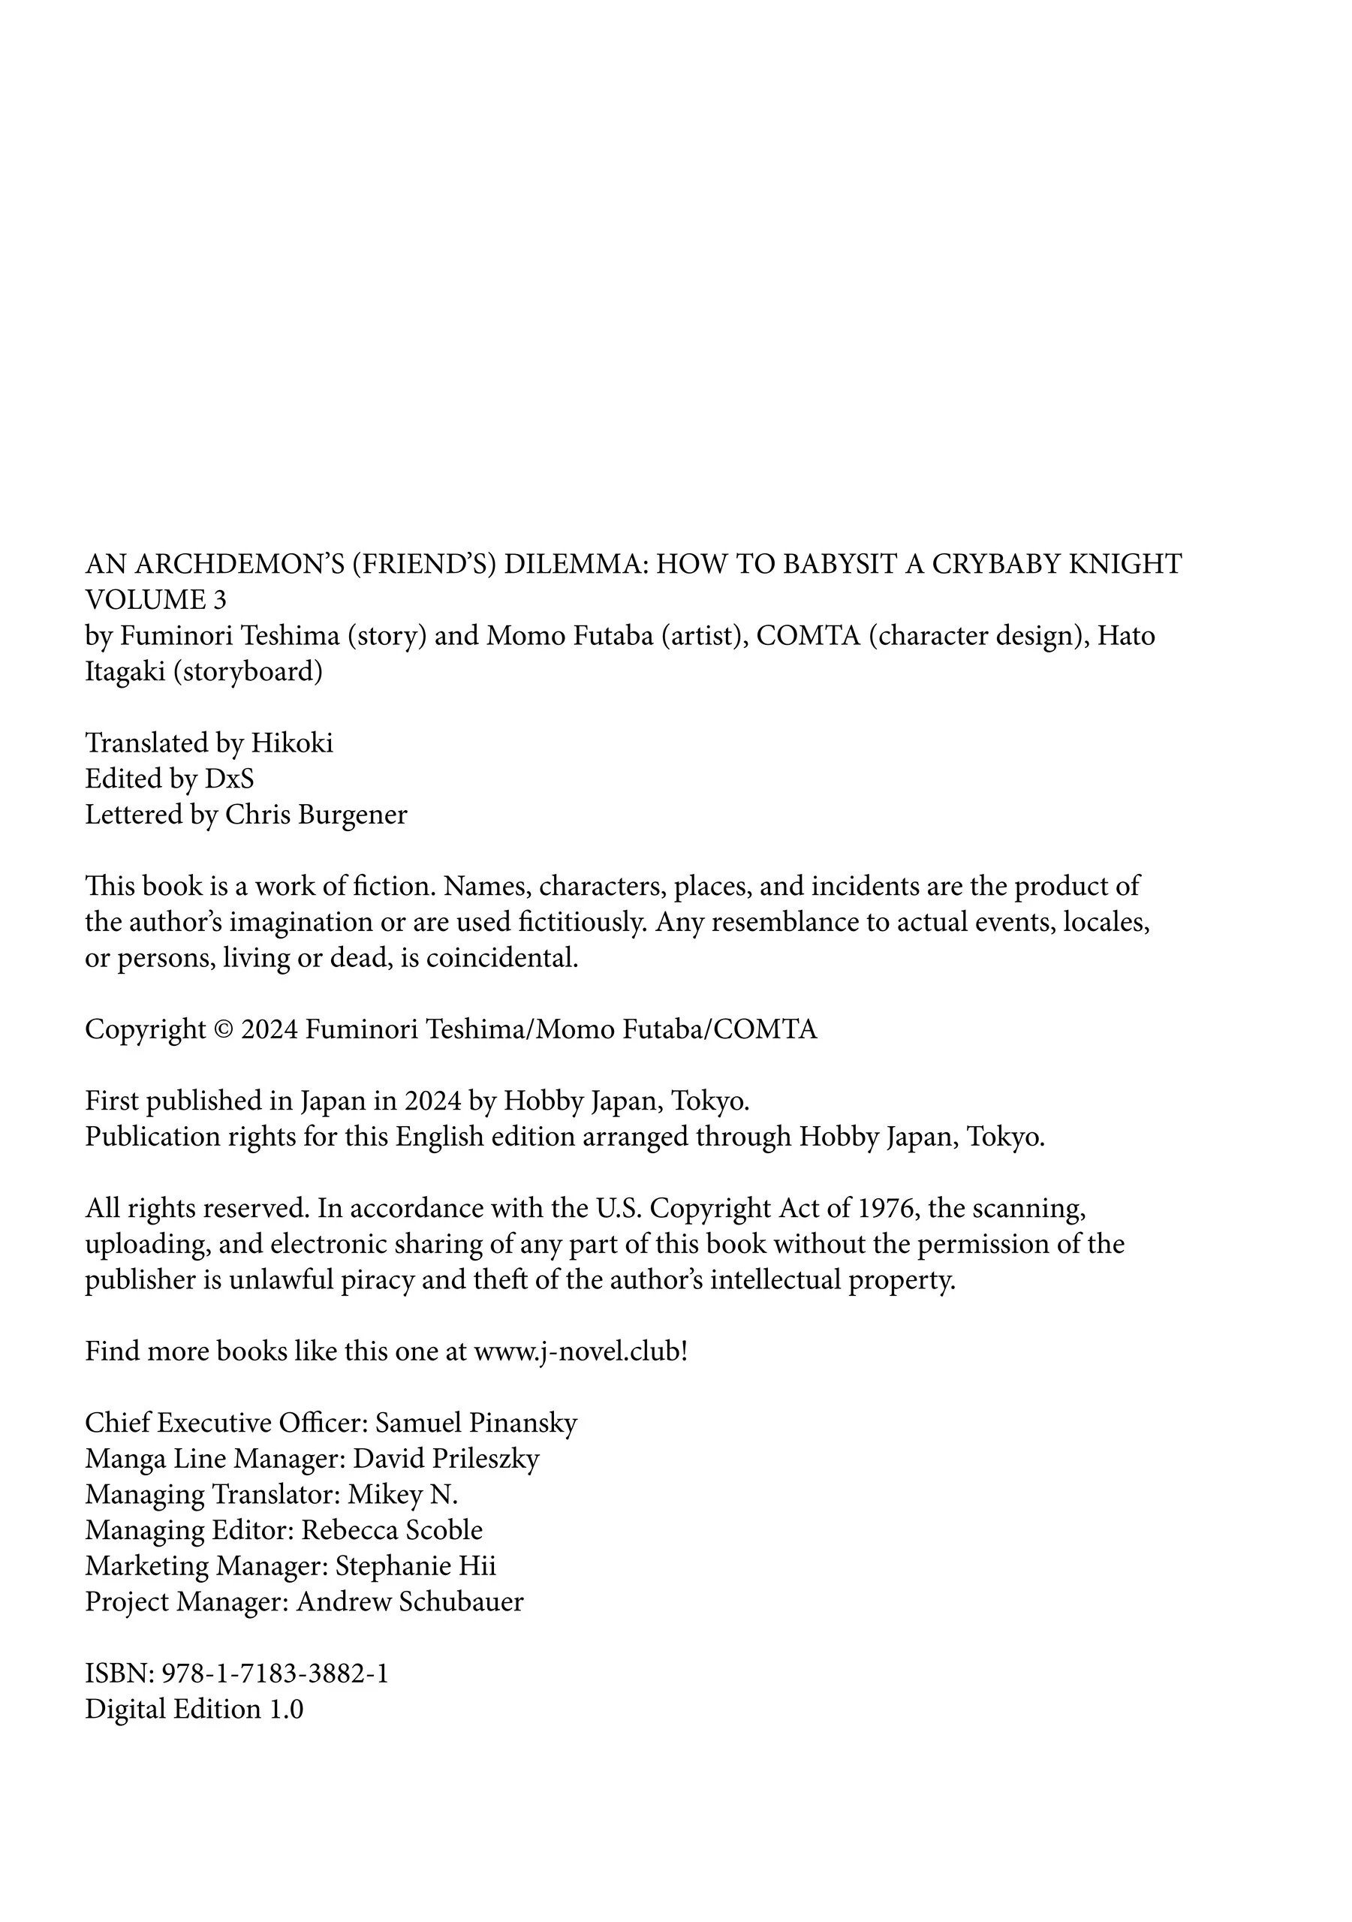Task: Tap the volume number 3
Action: (219, 600)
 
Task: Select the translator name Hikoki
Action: (292, 743)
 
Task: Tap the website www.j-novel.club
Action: (577, 1351)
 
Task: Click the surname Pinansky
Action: (523, 1423)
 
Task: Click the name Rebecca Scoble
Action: (392, 1530)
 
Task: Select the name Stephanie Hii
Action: (415, 1566)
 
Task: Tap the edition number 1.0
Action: (285, 1709)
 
